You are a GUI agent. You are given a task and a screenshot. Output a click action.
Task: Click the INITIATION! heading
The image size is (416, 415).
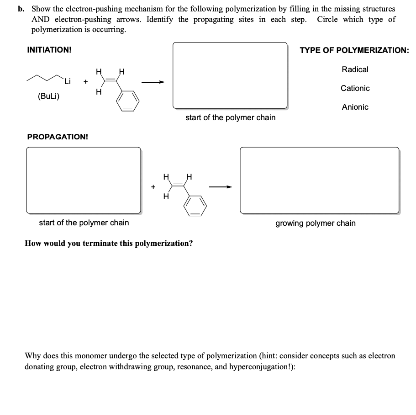pos(49,50)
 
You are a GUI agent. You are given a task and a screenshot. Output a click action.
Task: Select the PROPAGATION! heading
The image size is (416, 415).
pos(58,137)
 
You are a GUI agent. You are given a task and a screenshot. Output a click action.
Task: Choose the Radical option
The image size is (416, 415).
pos(355,69)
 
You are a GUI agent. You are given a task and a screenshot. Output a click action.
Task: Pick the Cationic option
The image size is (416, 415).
pos(355,88)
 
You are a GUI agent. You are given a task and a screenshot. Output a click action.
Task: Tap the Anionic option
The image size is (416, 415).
pos(355,107)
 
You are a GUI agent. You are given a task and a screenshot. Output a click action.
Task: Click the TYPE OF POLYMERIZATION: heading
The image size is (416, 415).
pos(354,50)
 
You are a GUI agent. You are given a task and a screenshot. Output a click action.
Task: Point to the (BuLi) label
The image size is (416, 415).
pos(48,96)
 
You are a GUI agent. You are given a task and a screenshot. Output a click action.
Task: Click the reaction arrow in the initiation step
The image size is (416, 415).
pos(153,82)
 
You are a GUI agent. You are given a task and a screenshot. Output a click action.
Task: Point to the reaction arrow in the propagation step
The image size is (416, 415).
pos(221,186)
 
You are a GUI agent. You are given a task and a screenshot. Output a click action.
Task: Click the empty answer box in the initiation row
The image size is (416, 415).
pos(230,75)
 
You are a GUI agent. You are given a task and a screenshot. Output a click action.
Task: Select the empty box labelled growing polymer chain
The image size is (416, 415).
pos(319,180)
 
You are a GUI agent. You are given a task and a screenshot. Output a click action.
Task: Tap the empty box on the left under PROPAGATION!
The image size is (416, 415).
pos(84,180)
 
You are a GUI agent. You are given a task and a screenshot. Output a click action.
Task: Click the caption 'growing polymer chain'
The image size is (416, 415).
pos(315,223)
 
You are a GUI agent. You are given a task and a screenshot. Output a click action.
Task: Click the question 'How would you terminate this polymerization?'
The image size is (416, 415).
pos(109,243)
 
